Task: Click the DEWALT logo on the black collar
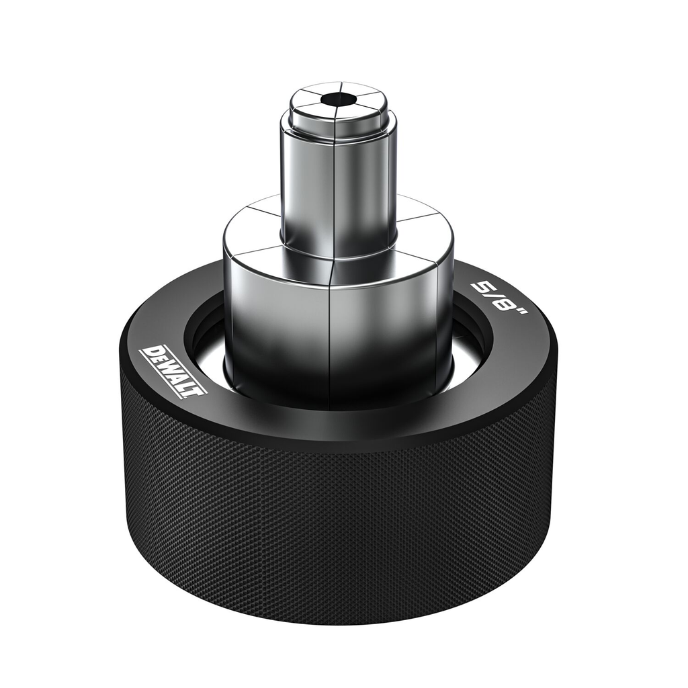coord(173,370)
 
